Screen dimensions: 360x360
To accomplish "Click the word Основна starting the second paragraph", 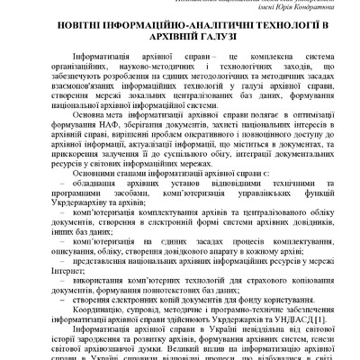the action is (93, 114).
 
